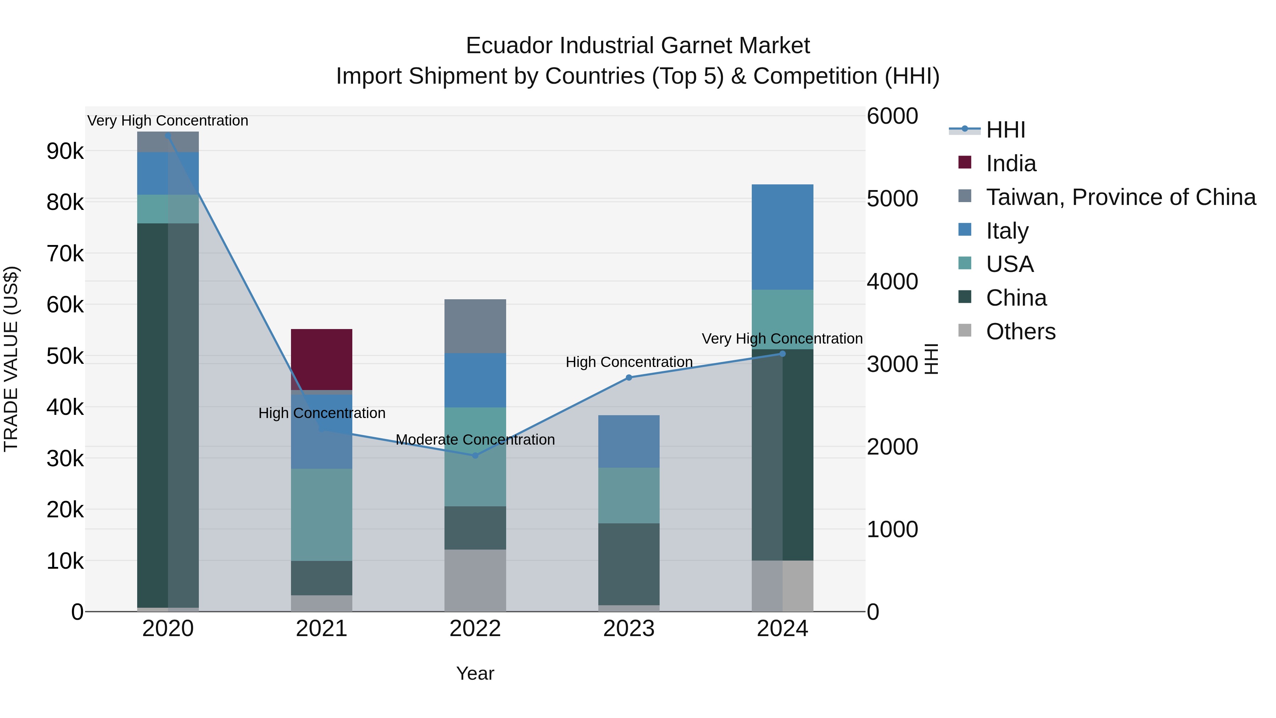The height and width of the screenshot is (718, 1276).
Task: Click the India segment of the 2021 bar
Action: pos(321,359)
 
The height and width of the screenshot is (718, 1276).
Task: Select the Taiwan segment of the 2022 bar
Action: pos(475,326)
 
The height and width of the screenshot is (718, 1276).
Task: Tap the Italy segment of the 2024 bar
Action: pos(782,237)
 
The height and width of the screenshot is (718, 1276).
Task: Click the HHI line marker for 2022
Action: pos(475,455)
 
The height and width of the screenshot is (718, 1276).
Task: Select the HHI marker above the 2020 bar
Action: pos(168,136)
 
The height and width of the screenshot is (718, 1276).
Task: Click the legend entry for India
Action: pos(1011,163)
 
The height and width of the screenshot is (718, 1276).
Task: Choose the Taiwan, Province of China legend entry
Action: pos(1120,197)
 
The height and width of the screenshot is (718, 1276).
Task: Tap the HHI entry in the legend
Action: pos(1005,130)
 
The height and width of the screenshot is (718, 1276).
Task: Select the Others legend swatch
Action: pos(965,330)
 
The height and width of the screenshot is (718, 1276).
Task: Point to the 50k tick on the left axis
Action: pos(65,356)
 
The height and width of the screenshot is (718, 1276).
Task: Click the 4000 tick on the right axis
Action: pos(892,282)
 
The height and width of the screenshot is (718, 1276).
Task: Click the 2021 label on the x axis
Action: pos(321,629)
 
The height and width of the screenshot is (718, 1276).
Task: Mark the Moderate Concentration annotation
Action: pos(475,440)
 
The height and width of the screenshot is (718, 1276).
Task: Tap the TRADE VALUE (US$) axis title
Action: pos(11,359)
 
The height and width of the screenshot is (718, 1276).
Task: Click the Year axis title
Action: pos(475,673)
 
